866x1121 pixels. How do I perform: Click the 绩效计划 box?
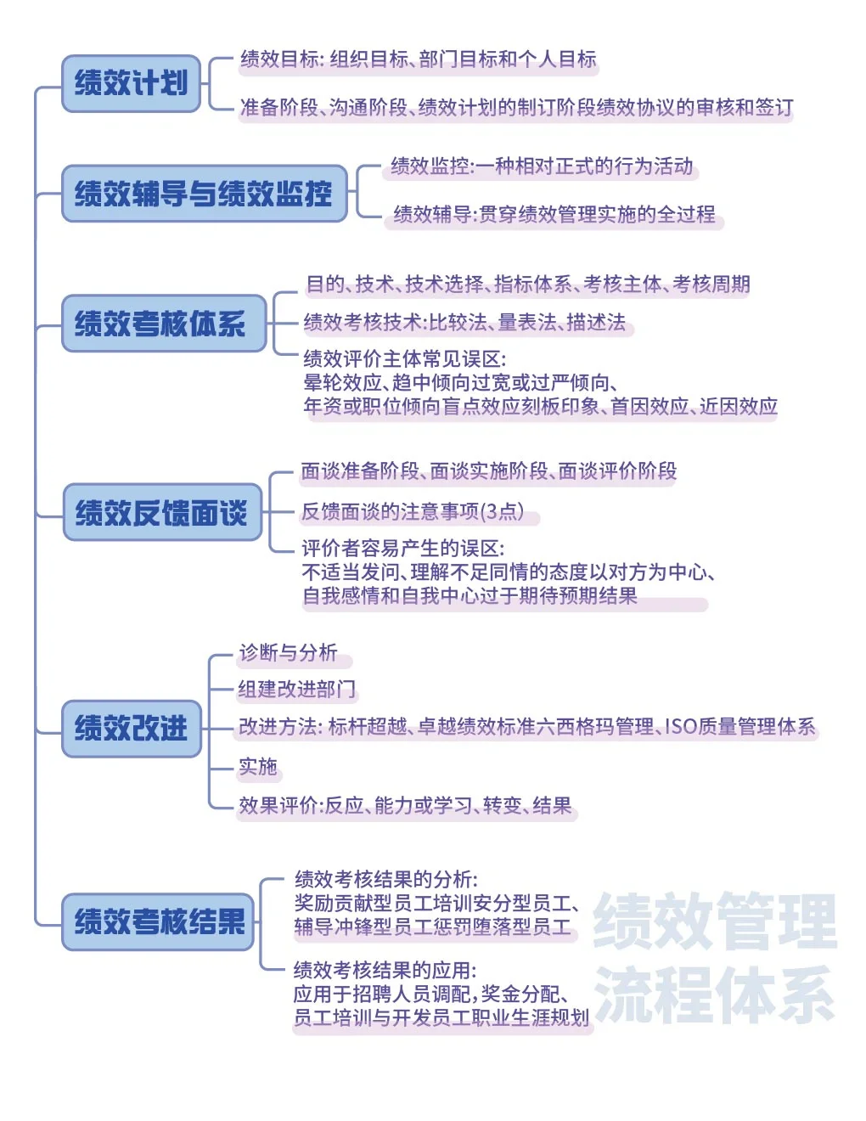[131, 83]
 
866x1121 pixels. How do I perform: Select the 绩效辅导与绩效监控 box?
[204, 194]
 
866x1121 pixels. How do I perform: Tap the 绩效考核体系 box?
[163, 324]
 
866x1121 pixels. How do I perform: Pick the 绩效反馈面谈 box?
[162, 512]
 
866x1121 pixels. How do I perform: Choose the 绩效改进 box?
[132, 728]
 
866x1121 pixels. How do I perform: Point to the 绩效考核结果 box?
[159, 921]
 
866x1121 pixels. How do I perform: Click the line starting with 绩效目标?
[418, 59]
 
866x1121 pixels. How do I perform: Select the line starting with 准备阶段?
[516, 107]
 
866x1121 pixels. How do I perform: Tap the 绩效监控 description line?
[542, 166]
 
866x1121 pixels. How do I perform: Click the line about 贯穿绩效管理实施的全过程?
[554, 214]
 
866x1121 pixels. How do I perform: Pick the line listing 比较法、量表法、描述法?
[464, 322]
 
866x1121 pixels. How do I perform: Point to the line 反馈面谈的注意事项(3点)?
[413, 511]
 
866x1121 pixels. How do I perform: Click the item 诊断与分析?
[289, 652]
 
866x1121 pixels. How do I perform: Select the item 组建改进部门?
[296, 689]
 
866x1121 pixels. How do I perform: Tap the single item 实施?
[257, 767]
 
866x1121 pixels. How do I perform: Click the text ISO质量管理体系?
[739, 726]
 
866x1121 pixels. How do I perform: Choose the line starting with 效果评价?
[405, 805]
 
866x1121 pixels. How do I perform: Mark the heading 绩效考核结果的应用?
[385, 970]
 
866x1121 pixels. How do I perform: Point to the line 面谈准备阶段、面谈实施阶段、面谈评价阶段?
[489, 471]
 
